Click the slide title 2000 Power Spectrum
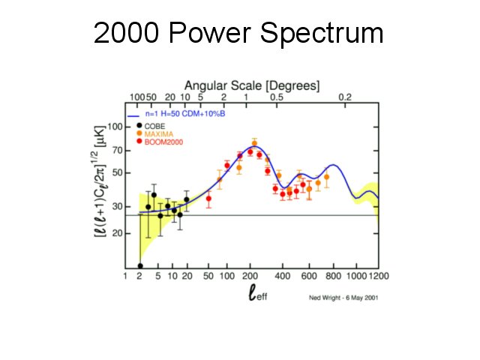coord(238,34)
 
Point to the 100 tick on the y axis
coord(113,126)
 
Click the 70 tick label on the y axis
coord(116,150)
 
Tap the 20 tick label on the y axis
coord(116,233)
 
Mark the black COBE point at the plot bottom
coord(140,265)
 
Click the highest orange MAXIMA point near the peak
coord(254,142)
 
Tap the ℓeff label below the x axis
coord(257,294)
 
